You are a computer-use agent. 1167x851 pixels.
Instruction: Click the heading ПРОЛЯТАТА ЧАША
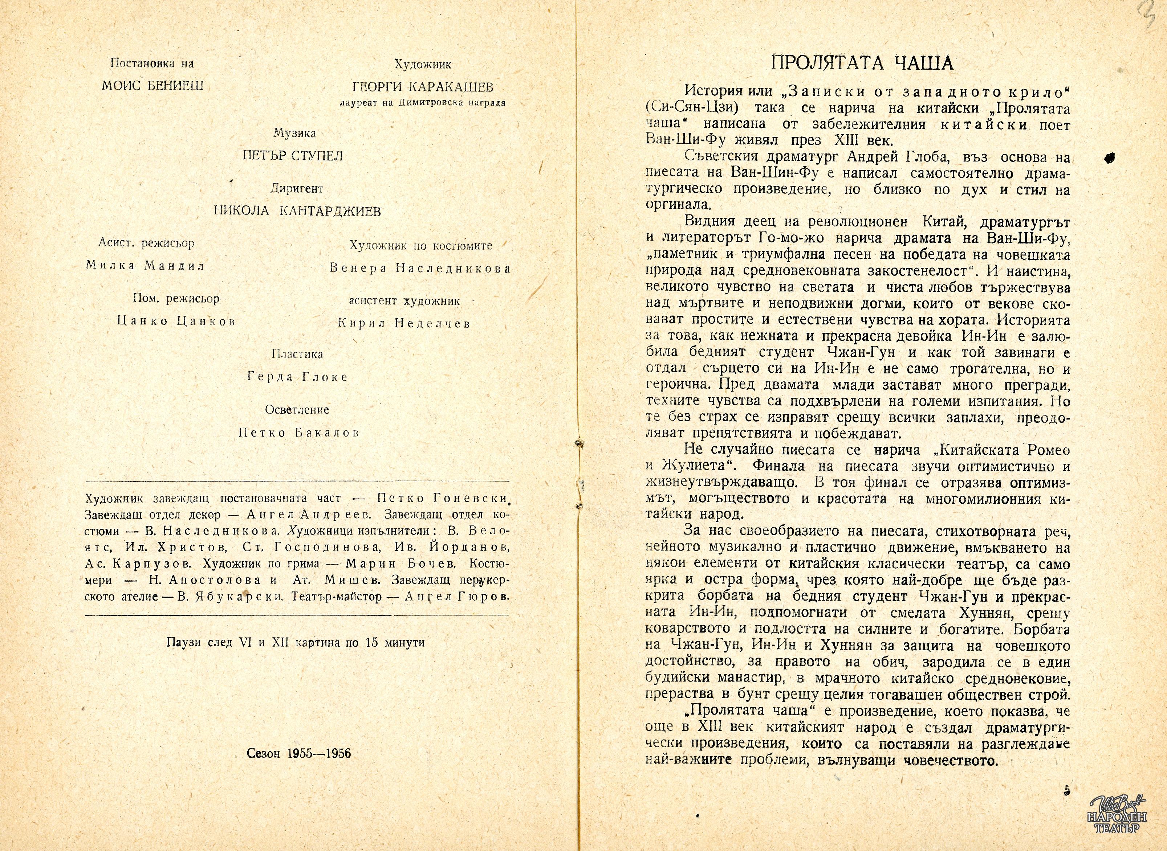point(862,63)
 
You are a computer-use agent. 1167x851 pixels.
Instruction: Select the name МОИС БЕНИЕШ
point(153,86)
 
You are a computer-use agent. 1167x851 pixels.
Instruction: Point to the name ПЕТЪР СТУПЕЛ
point(293,156)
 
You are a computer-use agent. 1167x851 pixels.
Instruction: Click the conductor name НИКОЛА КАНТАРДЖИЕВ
point(297,211)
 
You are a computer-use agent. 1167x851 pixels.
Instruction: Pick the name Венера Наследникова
point(420,269)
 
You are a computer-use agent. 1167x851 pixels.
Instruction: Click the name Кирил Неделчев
point(404,323)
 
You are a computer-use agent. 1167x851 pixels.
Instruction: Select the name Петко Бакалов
point(298,433)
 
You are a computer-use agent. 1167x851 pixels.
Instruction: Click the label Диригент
point(297,189)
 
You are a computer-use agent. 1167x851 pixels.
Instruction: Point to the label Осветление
point(297,410)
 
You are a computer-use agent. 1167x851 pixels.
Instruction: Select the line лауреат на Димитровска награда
point(423,102)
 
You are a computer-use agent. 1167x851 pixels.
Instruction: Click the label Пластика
point(297,355)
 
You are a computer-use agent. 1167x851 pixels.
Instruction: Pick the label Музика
point(294,134)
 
